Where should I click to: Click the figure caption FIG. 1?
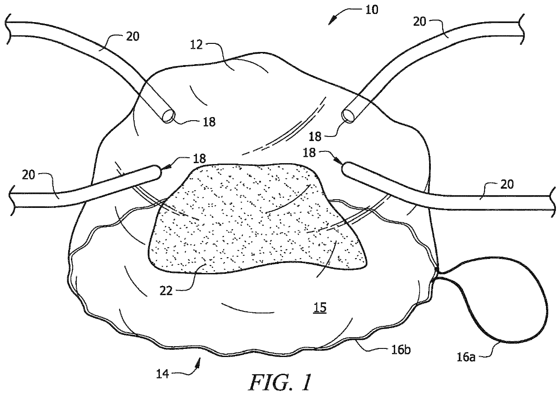(x=280, y=383)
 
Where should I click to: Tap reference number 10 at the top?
(x=372, y=10)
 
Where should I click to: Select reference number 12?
(x=196, y=45)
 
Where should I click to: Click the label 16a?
(x=466, y=357)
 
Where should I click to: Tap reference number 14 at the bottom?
(x=163, y=375)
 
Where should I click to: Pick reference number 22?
(x=166, y=291)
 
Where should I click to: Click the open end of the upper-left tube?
(x=169, y=116)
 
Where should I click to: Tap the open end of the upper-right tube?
(x=348, y=116)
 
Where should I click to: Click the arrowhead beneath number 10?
(x=332, y=20)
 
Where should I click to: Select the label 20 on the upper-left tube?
(x=132, y=37)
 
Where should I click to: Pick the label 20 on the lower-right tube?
(x=507, y=184)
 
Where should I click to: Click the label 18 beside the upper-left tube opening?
(x=209, y=122)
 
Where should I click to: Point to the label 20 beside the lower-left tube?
(x=28, y=174)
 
